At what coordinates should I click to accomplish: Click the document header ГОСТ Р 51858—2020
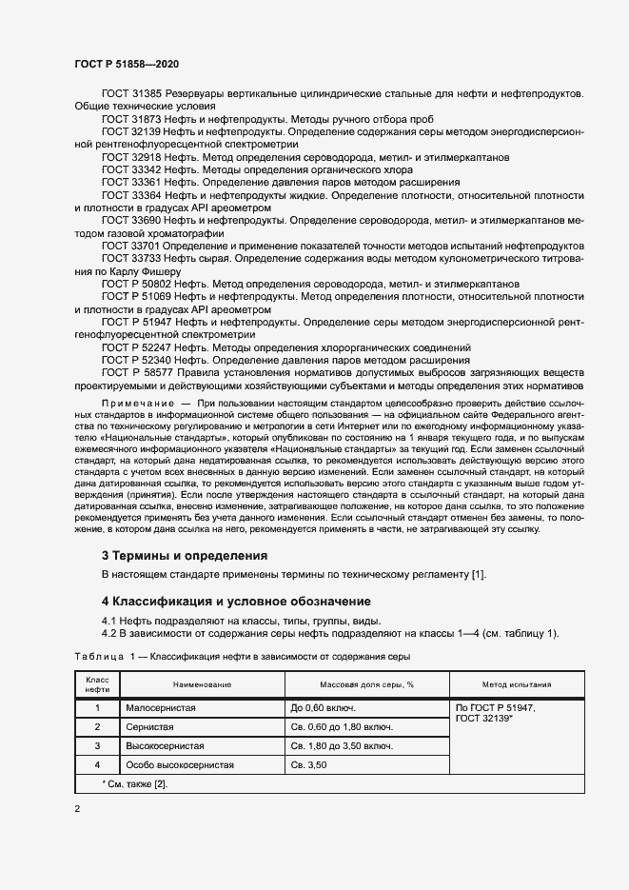click(126, 63)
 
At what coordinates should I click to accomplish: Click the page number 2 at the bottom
click(77, 808)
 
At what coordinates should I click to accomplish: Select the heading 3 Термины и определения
click(185, 555)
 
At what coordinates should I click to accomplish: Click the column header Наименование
click(202, 684)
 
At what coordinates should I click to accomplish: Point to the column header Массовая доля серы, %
click(366, 684)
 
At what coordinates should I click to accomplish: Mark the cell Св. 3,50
click(310, 764)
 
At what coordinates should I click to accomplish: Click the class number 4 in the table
click(97, 764)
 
